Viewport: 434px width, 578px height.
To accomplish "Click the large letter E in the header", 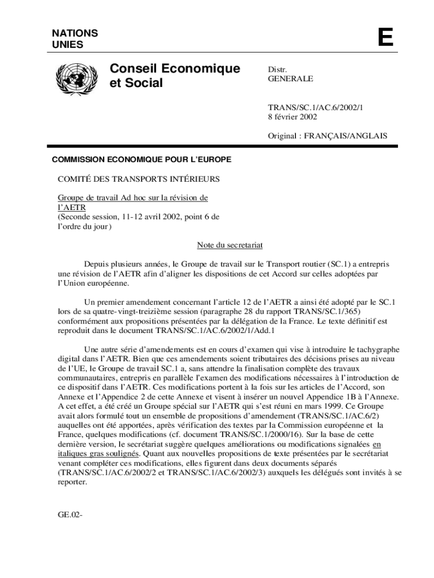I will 385,38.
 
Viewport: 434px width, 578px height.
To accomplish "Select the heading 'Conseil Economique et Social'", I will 175,76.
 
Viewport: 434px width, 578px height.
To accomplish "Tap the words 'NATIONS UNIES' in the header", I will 75,38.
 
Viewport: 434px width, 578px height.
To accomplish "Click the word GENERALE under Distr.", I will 290,79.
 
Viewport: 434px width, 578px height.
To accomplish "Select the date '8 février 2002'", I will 292,117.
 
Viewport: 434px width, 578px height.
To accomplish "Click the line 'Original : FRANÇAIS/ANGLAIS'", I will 327,135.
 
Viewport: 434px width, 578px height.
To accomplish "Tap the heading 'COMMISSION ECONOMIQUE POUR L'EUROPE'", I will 141,160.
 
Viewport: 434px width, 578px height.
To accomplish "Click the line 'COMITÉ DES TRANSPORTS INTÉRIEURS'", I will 139,179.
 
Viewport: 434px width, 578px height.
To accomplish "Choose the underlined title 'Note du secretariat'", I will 230,245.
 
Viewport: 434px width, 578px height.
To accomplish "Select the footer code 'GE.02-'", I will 70,514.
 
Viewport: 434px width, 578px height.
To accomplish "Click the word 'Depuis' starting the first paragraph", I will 96,264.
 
